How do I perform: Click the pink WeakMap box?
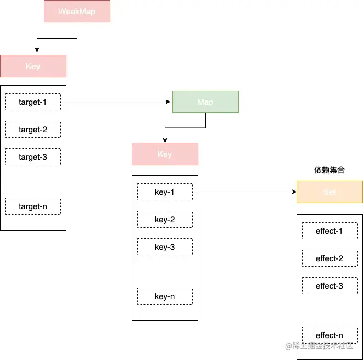click(77, 11)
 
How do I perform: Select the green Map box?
click(205, 102)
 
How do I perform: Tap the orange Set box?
click(330, 192)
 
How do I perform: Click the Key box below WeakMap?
click(33, 66)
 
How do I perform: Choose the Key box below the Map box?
click(165, 154)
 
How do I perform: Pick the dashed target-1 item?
click(33, 102)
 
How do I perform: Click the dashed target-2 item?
click(33, 130)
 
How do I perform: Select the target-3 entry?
click(33, 157)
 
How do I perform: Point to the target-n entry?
click(33, 206)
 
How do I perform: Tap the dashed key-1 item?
click(165, 192)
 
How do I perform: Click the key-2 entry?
click(165, 220)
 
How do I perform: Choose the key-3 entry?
click(165, 247)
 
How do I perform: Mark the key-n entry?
click(165, 296)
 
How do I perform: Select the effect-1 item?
click(330, 231)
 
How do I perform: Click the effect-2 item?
click(330, 258)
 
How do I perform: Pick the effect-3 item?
click(330, 286)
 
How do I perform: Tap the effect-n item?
click(330, 335)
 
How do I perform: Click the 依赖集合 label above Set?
click(330, 171)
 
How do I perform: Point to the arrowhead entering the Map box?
click(169, 102)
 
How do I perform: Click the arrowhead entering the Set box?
click(293, 192)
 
